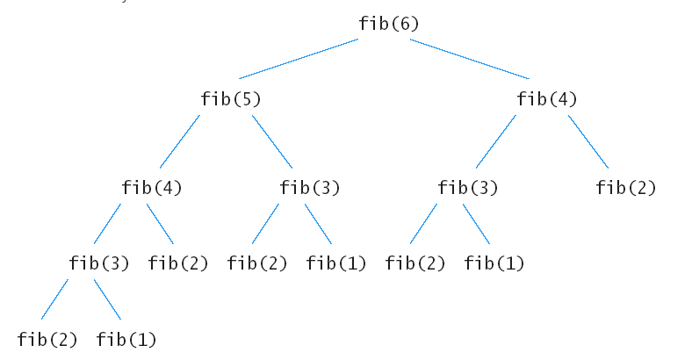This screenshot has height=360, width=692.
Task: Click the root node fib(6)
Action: click(388, 24)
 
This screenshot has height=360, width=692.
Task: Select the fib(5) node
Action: click(231, 99)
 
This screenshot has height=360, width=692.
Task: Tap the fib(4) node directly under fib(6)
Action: click(547, 99)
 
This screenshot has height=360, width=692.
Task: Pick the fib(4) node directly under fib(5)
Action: click(152, 187)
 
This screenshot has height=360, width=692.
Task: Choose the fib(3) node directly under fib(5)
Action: click(310, 187)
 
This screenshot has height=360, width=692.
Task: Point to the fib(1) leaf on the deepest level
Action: click(126, 339)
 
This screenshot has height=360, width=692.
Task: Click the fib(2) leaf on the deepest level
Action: click(47, 339)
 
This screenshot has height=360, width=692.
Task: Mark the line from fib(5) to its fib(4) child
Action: click(179, 141)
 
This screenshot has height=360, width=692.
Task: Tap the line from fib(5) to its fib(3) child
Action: click(272, 141)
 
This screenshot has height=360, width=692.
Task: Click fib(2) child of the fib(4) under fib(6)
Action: click(626, 187)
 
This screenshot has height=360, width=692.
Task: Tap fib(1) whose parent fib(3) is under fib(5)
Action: click(336, 263)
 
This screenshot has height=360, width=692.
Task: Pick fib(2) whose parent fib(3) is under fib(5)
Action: click(257, 263)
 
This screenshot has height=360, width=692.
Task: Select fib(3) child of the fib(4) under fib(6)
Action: click(468, 187)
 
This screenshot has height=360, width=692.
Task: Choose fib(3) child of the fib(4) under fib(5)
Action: click(99, 263)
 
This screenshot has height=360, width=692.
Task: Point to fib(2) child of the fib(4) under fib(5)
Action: click(178, 263)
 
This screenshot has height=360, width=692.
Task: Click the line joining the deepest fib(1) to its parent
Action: click(107, 299)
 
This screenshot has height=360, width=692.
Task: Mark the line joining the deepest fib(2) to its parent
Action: click(54, 299)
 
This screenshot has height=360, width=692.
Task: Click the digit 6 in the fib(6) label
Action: click(403, 24)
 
